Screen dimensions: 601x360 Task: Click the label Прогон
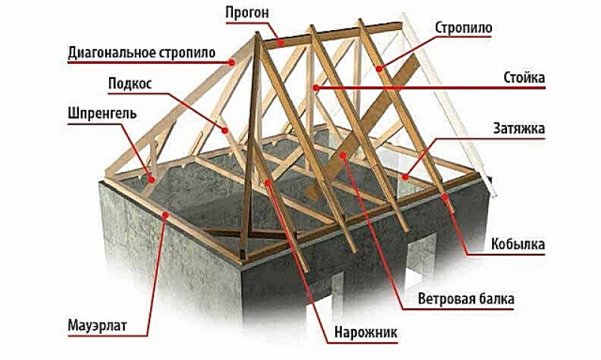(247, 13)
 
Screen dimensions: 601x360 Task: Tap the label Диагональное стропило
(142, 53)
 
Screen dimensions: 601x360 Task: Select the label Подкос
(130, 84)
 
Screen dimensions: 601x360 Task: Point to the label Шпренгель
(102, 114)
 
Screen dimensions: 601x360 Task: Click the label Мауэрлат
(98, 326)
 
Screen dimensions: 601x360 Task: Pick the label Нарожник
(366, 332)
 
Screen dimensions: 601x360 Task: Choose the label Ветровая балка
(466, 298)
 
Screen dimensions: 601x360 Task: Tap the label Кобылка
(518, 244)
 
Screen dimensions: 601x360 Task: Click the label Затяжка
(519, 129)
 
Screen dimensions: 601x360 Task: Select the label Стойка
(524, 78)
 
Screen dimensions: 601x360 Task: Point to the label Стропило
(464, 28)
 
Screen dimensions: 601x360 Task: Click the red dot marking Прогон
(281, 43)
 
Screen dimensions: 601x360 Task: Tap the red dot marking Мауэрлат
(165, 215)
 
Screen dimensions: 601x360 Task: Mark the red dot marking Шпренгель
(153, 179)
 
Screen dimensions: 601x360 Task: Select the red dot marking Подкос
(225, 130)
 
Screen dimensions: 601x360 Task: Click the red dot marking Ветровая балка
(343, 156)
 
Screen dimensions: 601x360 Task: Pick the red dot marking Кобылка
(445, 197)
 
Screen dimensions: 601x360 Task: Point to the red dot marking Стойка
(316, 88)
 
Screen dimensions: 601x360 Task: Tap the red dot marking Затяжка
(405, 177)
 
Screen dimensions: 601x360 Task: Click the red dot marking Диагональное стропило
(232, 62)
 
